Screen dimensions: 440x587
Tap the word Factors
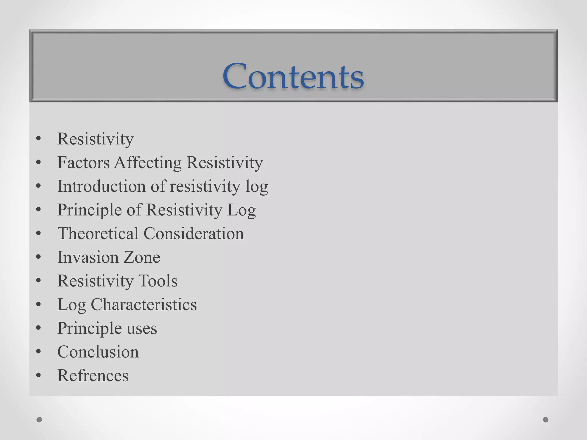click(x=83, y=163)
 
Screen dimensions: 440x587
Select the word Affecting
click(x=148, y=163)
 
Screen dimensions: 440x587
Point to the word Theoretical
click(x=98, y=233)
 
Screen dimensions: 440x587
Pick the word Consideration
click(x=193, y=233)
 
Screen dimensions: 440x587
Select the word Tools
click(x=158, y=281)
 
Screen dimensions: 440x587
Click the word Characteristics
click(x=144, y=305)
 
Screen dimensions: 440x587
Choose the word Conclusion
click(x=98, y=352)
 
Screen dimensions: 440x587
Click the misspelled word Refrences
click(x=93, y=376)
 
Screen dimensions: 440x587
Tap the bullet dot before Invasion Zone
click(x=39, y=257)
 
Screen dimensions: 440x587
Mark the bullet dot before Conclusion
click(x=39, y=352)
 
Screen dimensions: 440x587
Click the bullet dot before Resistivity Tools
click(x=39, y=281)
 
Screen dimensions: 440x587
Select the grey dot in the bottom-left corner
click(x=39, y=420)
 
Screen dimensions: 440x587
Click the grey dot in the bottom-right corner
click(x=546, y=420)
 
